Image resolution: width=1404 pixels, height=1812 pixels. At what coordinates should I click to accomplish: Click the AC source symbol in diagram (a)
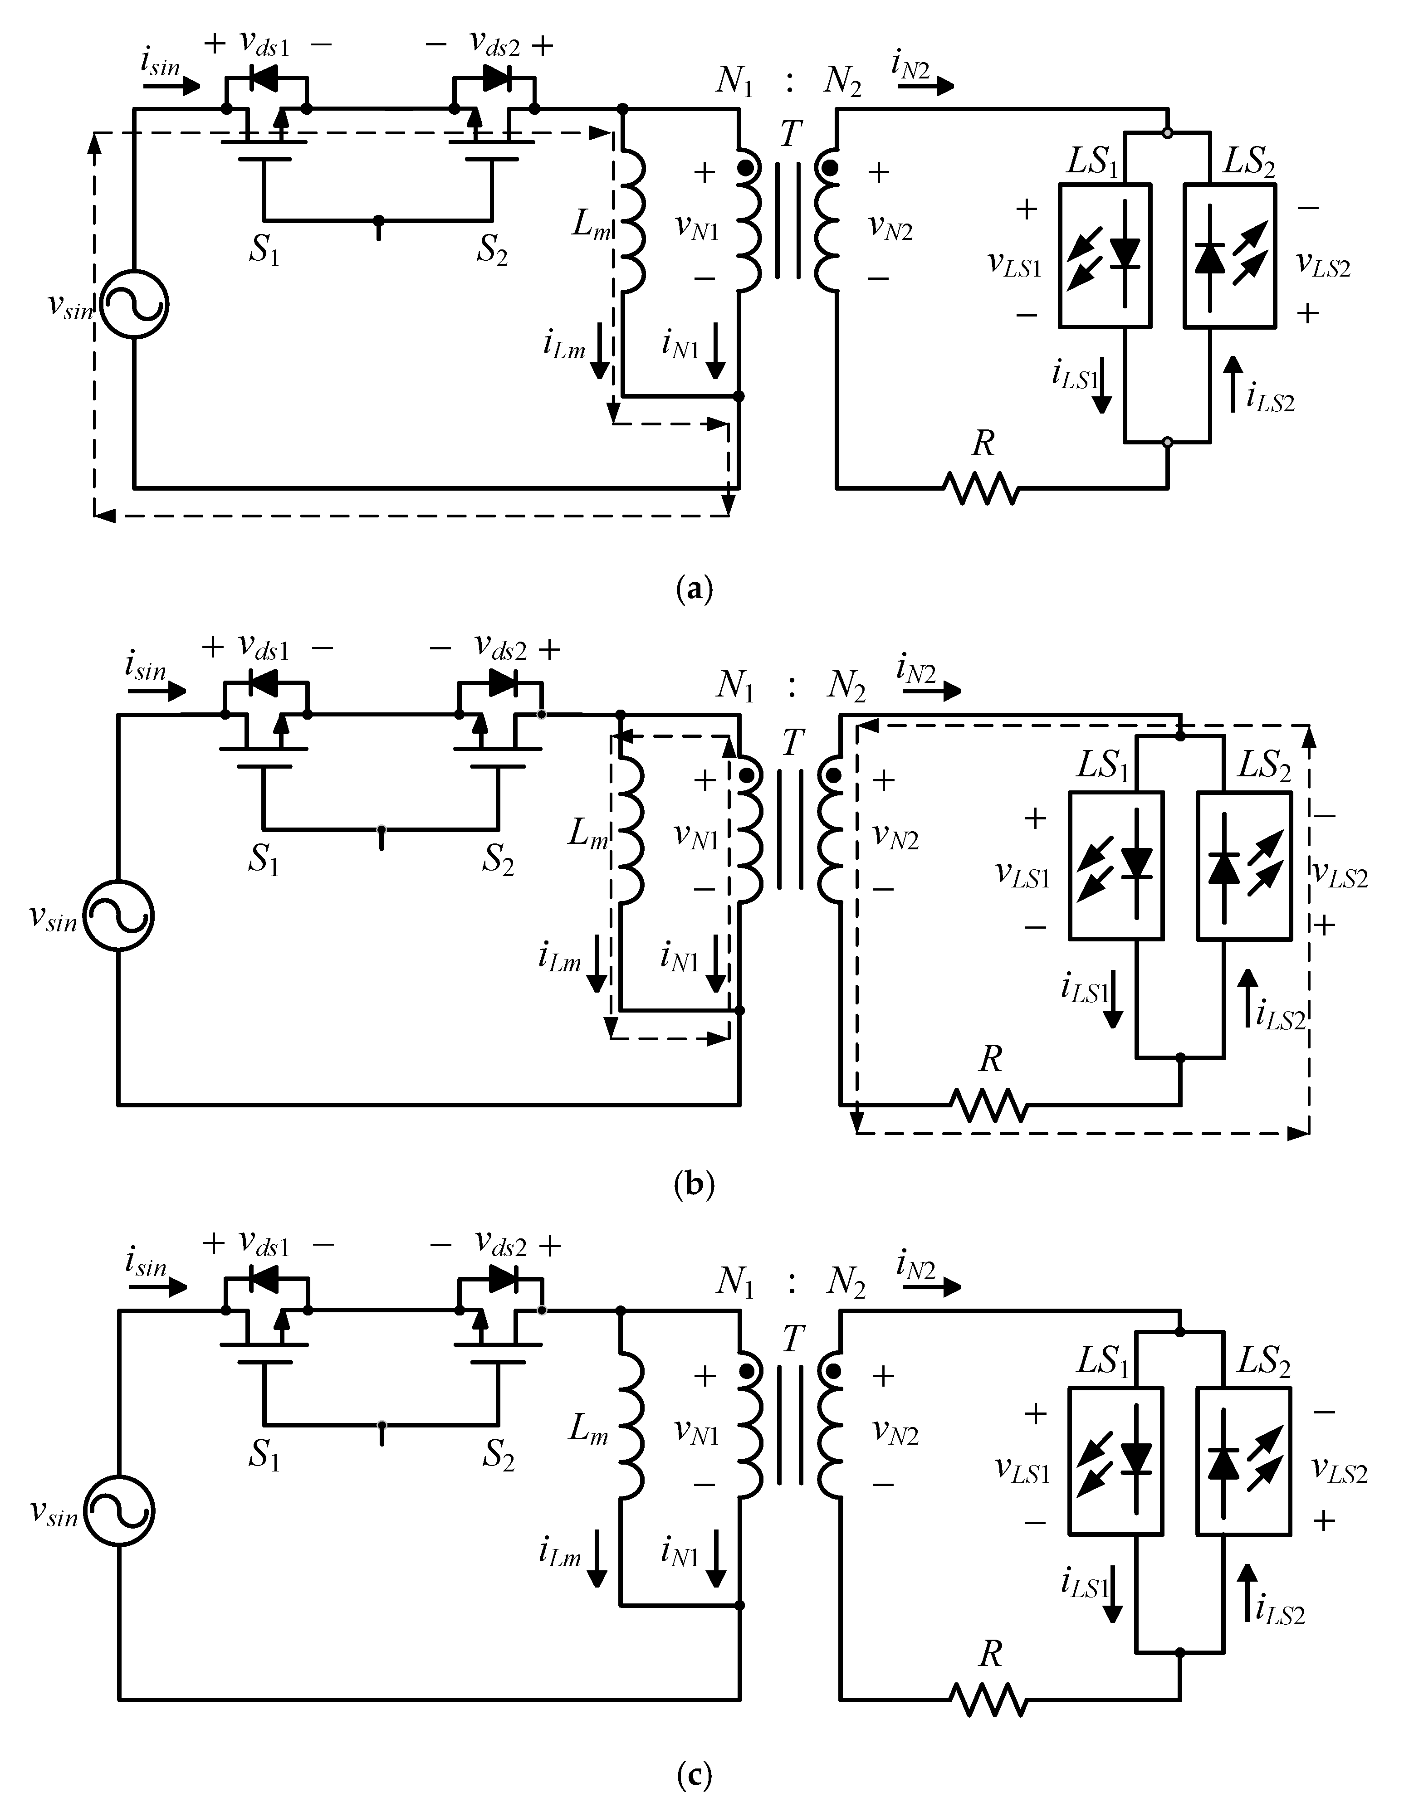(133, 304)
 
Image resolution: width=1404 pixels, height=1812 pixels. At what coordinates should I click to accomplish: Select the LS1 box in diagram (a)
(1105, 255)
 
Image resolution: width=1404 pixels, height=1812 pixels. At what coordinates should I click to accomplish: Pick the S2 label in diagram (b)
(498, 860)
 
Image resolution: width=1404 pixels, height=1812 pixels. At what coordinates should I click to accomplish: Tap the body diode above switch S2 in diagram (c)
(501, 1280)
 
